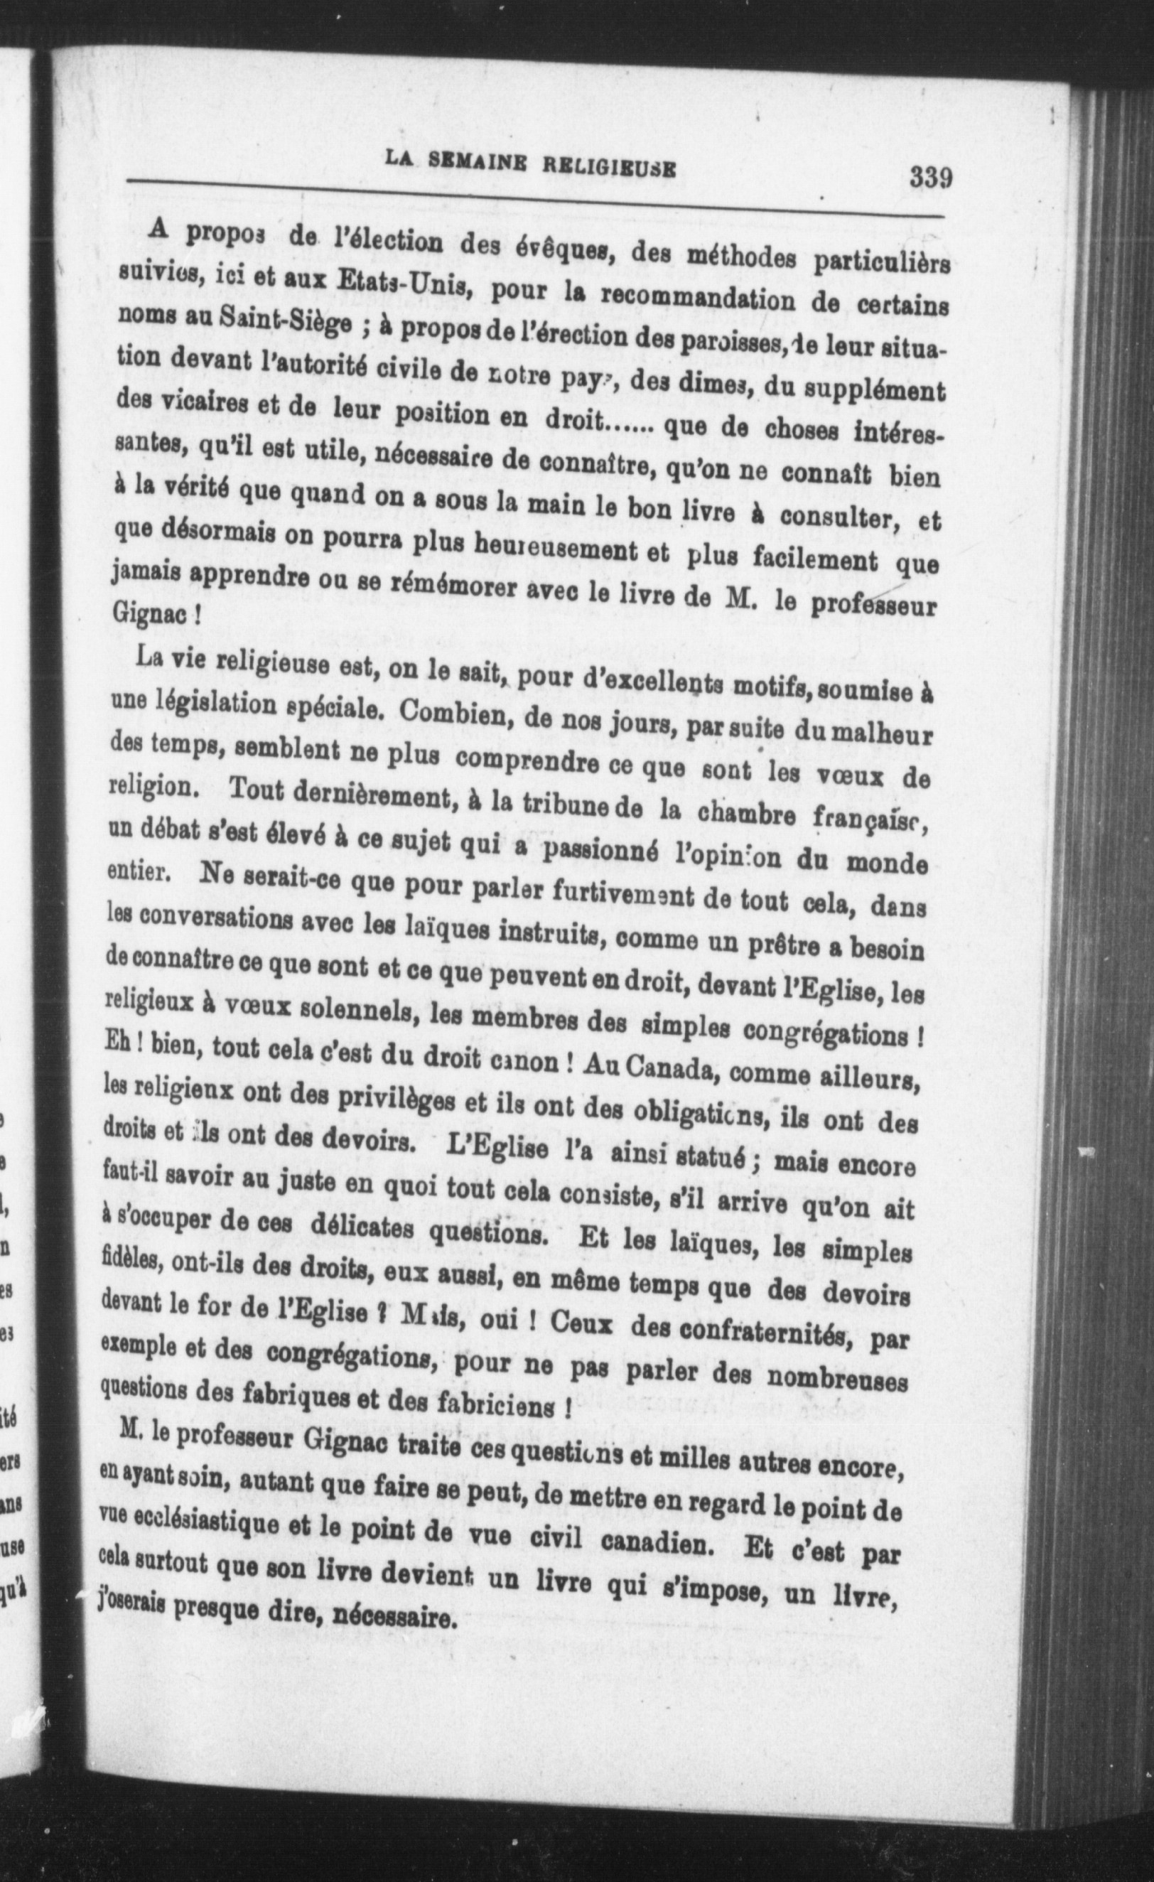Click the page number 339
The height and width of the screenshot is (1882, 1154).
[x=930, y=178]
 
